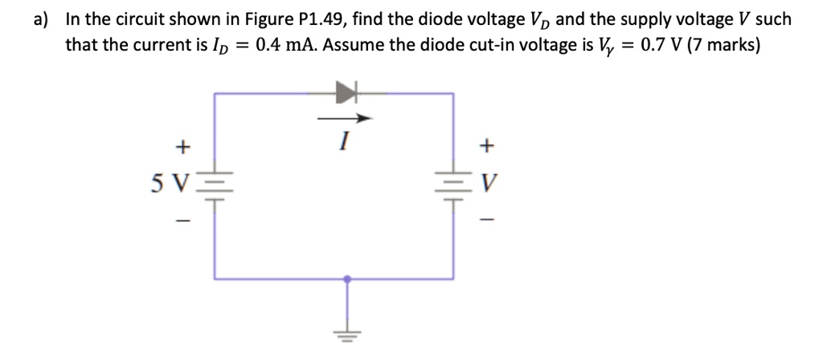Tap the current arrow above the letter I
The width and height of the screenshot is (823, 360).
click(x=345, y=120)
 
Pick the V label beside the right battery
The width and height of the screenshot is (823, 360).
click(x=485, y=185)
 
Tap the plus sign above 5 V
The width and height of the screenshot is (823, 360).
click(x=182, y=147)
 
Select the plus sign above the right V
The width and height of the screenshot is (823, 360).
click(x=485, y=147)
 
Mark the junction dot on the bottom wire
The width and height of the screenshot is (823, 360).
click(x=346, y=279)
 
